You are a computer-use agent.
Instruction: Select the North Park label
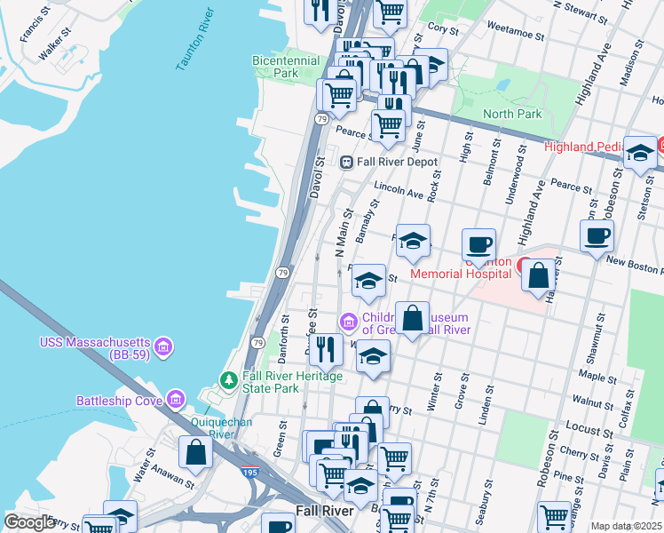(x=512, y=114)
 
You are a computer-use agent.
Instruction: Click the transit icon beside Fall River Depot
(x=348, y=162)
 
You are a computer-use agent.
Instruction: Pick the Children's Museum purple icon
(x=349, y=320)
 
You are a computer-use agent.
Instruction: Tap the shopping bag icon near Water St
(x=194, y=452)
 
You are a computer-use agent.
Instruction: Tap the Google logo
(x=30, y=522)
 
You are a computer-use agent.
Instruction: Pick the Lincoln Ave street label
(x=399, y=190)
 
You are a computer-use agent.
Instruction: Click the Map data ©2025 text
(x=626, y=526)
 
